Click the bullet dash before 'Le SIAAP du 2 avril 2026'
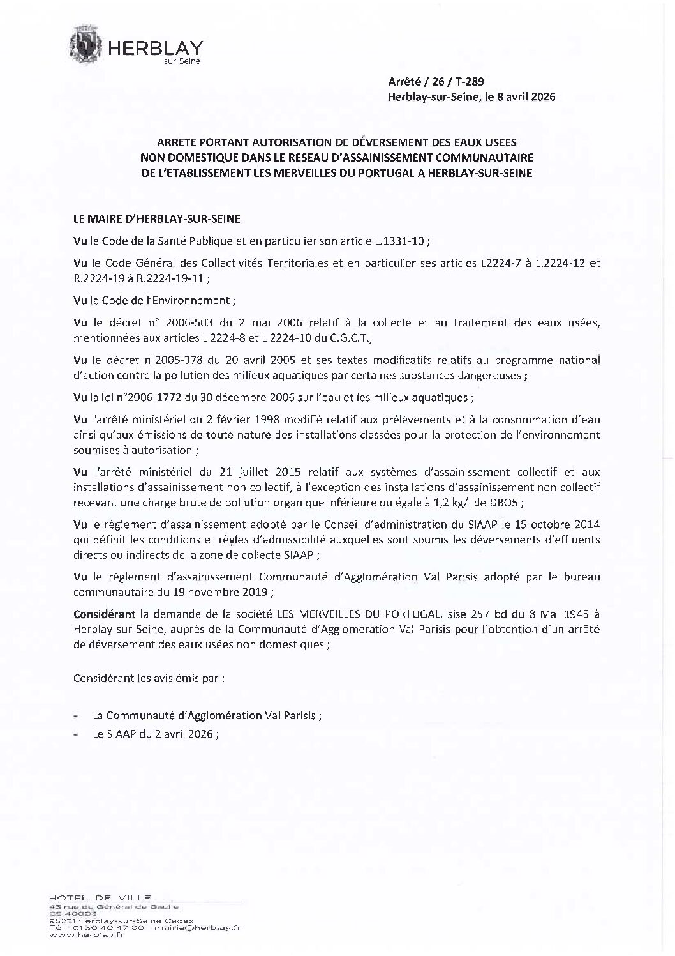tap(77, 734)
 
